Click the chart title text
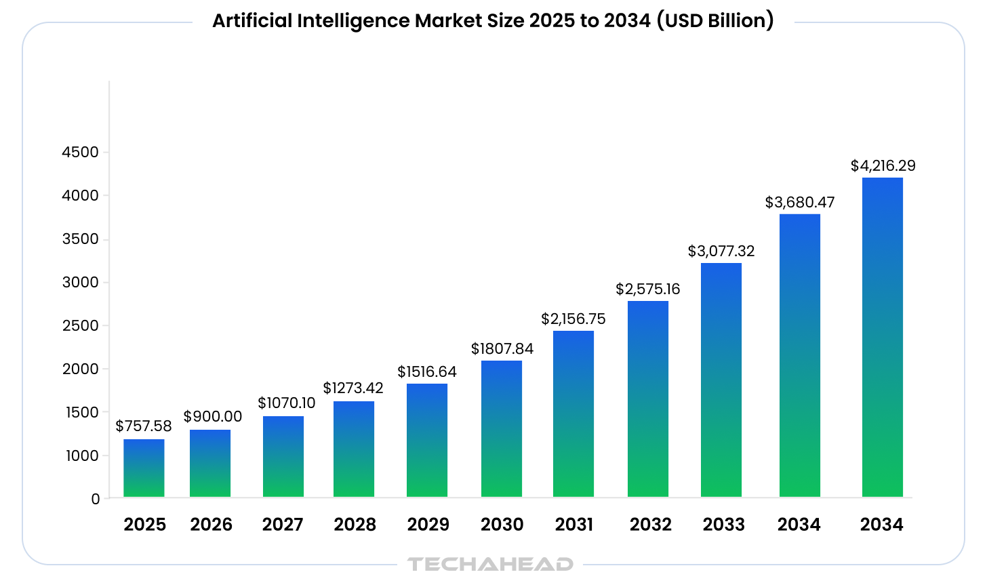point(493,21)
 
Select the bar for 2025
point(144,468)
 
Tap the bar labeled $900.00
point(210,464)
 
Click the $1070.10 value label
point(286,403)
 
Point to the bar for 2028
point(354,449)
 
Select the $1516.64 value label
point(427,371)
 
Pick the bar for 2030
point(502,429)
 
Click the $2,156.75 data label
point(573,319)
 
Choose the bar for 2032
point(648,399)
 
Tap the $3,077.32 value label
point(721,251)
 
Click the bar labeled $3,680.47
point(800,356)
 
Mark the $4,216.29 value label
point(883,165)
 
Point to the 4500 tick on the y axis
point(81,153)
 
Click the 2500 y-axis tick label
point(81,326)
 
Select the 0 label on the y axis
point(95,500)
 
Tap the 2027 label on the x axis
point(283,525)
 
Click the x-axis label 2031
point(574,525)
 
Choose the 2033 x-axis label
point(723,525)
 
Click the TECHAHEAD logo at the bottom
point(490,564)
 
